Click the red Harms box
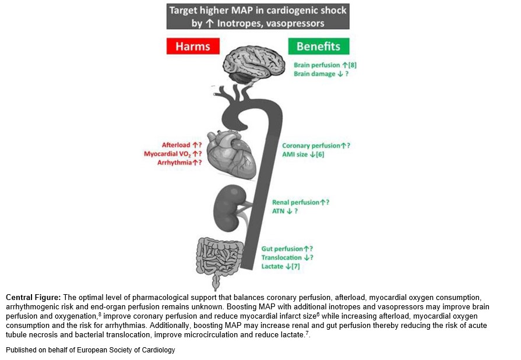(x=193, y=46)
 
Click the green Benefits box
(x=319, y=46)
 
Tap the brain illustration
(x=254, y=64)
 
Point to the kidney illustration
(x=228, y=208)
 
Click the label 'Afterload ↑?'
(x=182, y=145)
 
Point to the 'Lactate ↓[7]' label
(x=280, y=266)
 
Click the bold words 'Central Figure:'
(x=33, y=297)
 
